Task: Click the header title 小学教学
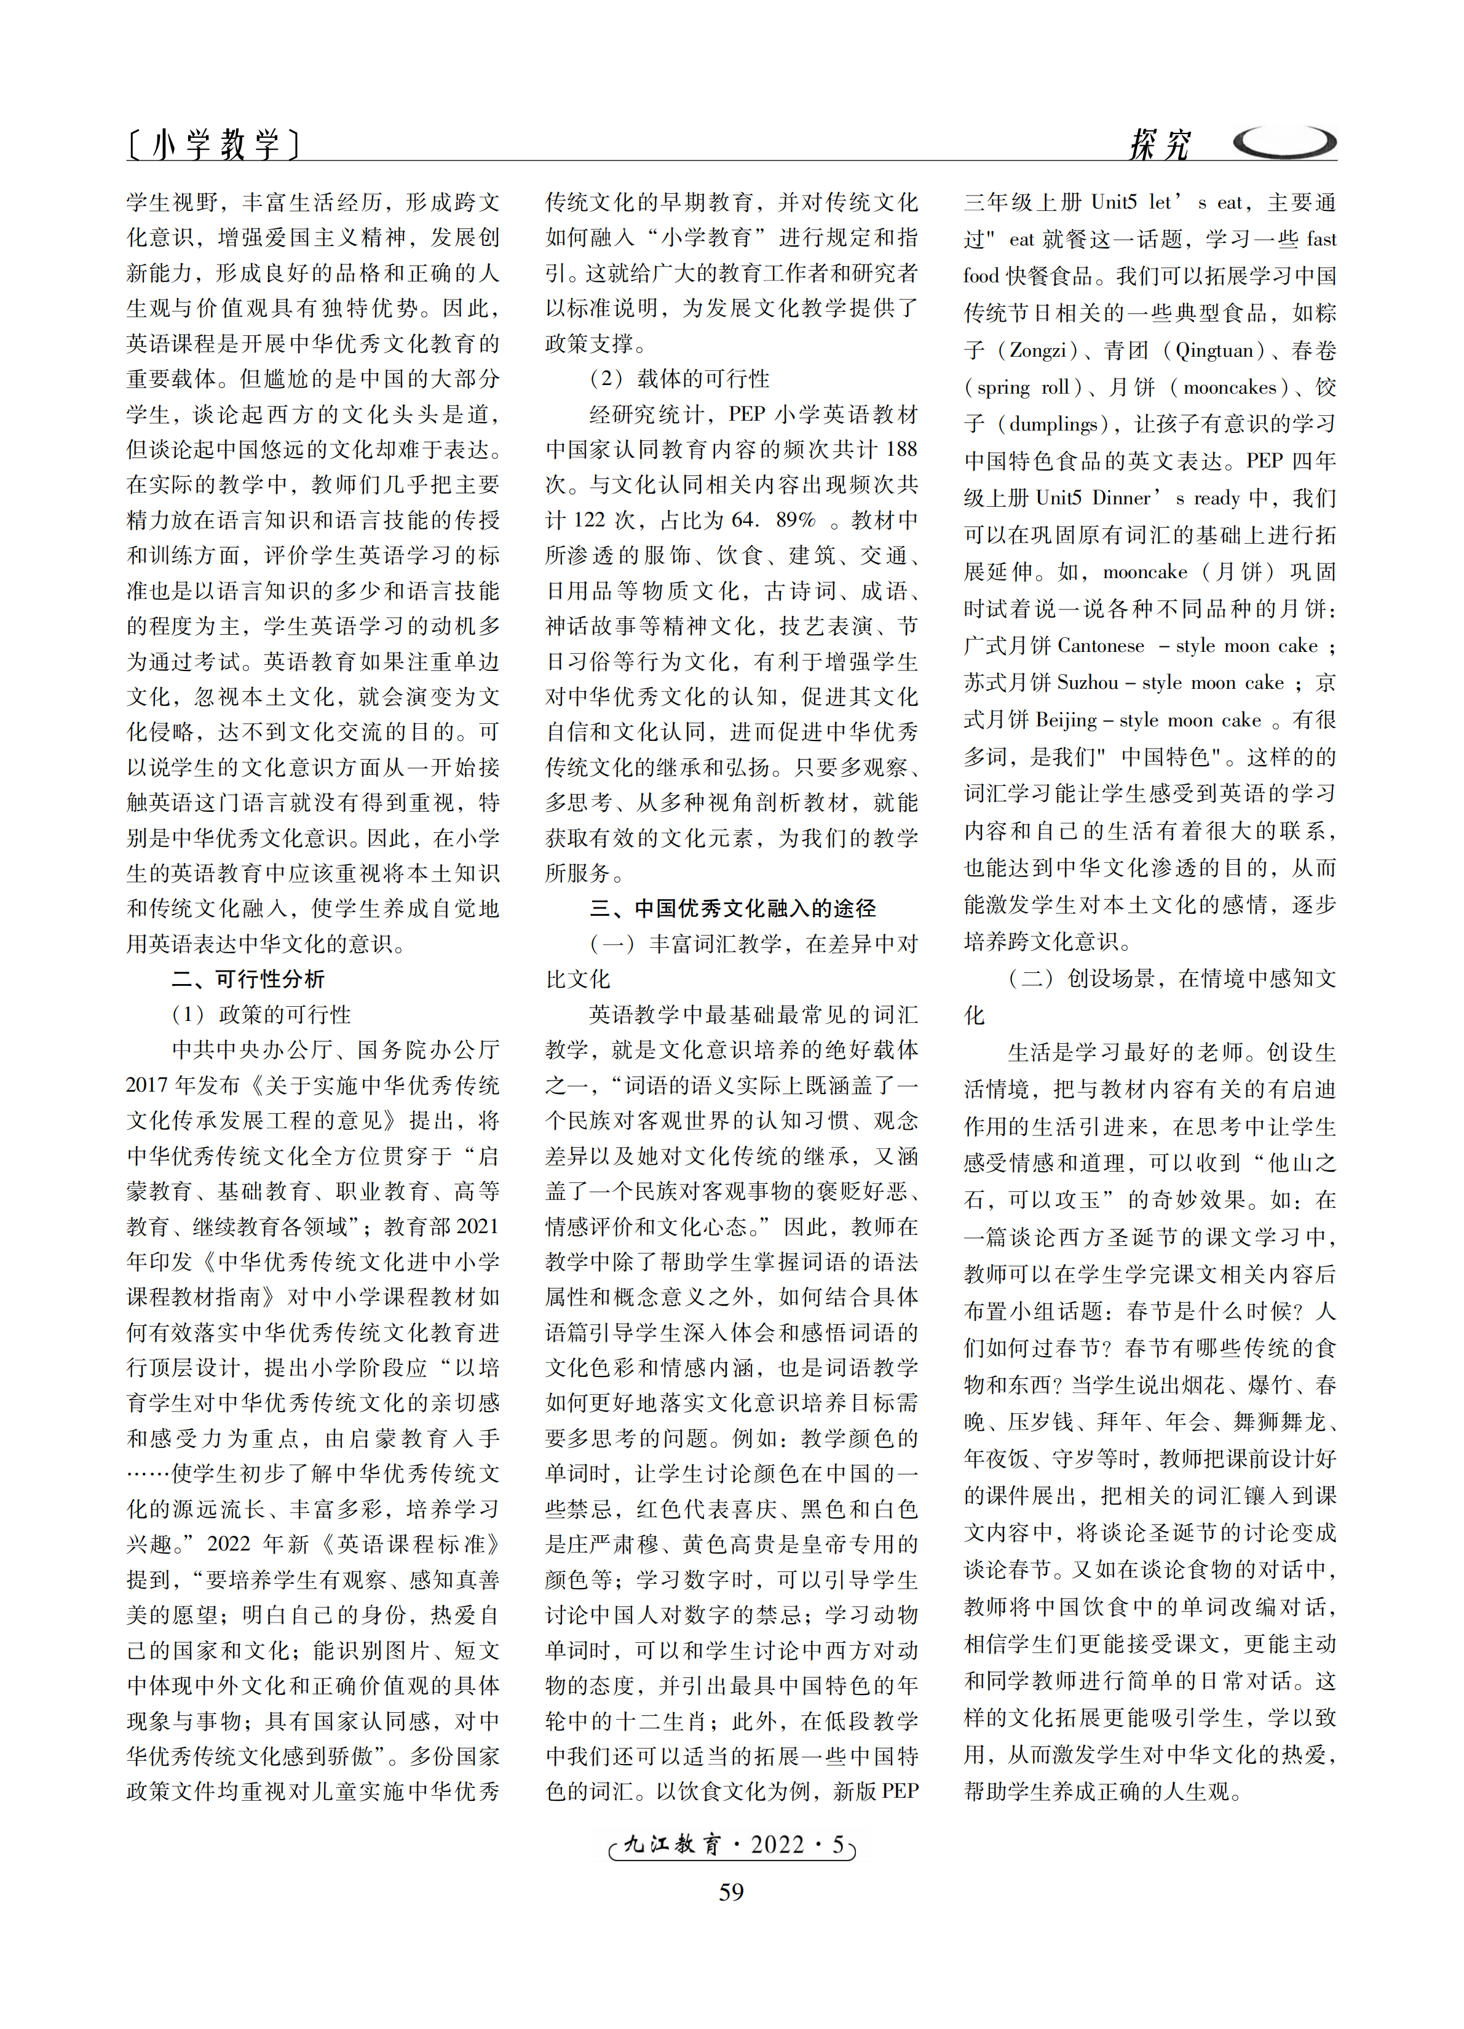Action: click(x=215, y=144)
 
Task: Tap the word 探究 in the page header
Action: click(x=1160, y=144)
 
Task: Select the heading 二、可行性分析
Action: click(x=248, y=979)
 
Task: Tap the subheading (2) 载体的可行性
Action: click(x=679, y=378)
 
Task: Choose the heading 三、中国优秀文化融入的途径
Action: click(x=732, y=908)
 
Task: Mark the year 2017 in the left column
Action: click(x=148, y=1085)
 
